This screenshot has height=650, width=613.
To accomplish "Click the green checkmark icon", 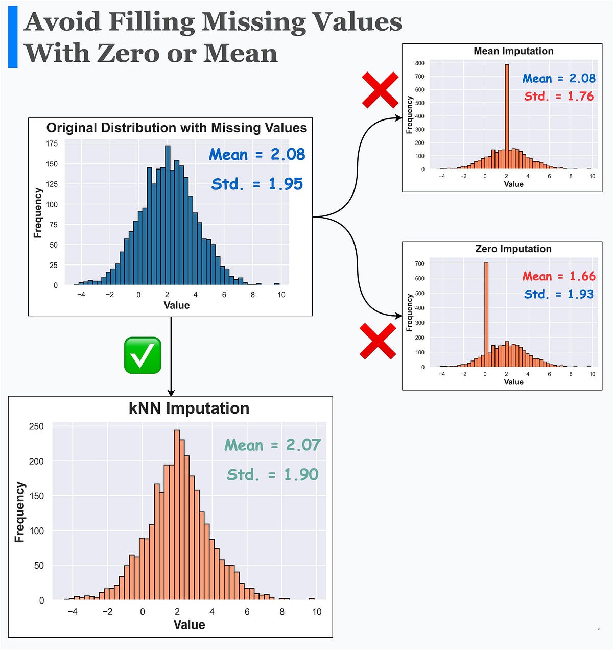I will (x=143, y=355).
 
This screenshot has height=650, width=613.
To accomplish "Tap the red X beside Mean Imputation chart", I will (x=380, y=90).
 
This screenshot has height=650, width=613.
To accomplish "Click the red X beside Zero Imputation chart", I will (x=378, y=341).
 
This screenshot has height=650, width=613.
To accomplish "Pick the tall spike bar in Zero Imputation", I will (x=486, y=314).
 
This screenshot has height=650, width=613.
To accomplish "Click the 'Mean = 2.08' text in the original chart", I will (x=256, y=155).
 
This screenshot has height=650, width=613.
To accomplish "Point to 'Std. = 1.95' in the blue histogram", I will (x=257, y=184).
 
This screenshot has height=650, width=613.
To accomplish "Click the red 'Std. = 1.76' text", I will (x=559, y=97).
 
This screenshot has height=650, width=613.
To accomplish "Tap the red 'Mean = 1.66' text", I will (x=559, y=277).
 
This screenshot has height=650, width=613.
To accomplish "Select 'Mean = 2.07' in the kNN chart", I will (x=272, y=445).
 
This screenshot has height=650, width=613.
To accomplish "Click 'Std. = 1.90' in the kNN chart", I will (x=272, y=475).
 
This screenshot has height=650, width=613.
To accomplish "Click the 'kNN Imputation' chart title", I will (x=189, y=408).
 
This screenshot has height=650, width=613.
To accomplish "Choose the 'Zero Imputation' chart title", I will (x=513, y=249).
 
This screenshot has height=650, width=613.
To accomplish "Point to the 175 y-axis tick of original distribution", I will (x=52, y=144).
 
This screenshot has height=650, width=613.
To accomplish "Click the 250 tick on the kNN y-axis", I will (x=36, y=426).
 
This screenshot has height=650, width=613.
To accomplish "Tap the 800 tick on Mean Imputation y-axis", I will (x=419, y=63).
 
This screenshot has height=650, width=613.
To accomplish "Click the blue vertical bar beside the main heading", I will (x=13, y=37).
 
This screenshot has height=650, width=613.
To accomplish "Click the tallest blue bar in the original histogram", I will (x=168, y=214).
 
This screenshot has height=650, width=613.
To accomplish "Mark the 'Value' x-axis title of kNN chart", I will (x=189, y=625).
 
